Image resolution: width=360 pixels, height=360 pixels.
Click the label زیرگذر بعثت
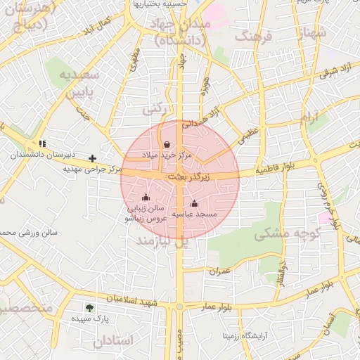(x=188, y=179)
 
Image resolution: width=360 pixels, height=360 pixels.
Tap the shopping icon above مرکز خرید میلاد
(x=167, y=144)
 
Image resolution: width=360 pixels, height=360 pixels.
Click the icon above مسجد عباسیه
(x=195, y=203)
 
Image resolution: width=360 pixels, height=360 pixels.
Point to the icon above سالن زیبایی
(x=146, y=198)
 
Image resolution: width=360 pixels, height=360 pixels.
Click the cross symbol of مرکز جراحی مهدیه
(x=92, y=158)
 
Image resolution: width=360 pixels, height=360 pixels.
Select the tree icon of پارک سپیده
(x=89, y=307)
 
